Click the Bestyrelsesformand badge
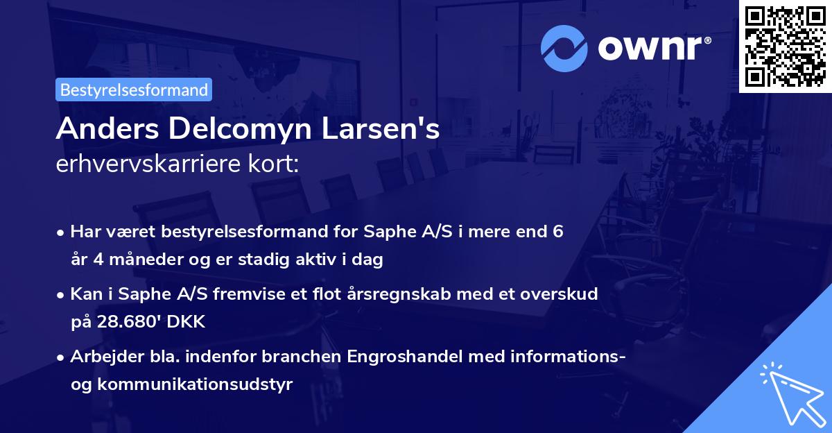134,90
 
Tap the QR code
786,46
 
